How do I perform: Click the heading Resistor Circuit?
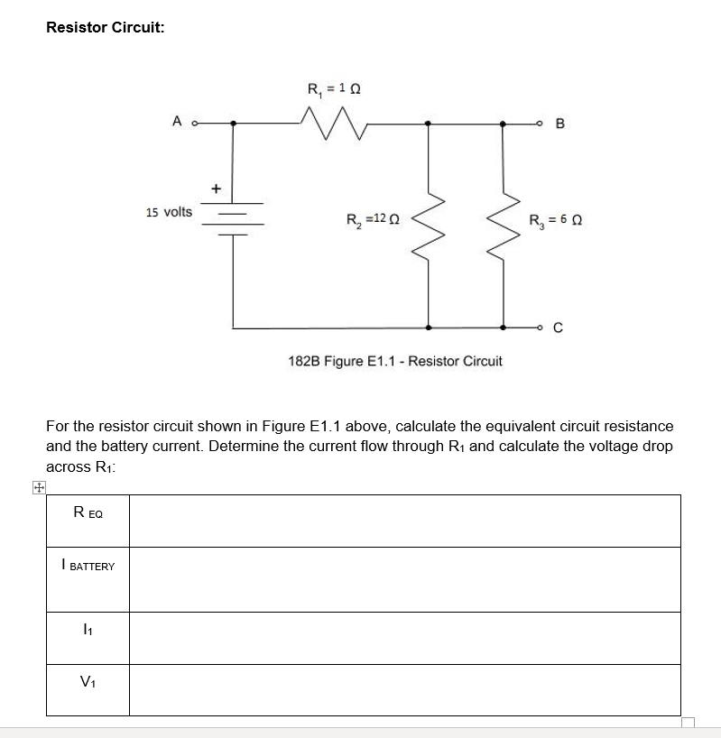[105, 27]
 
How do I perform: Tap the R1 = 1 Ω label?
[335, 89]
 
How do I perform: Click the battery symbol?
[234, 217]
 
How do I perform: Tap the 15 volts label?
[169, 212]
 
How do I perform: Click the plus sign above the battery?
[215, 189]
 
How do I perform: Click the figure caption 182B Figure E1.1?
[395, 361]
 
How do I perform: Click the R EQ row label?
[88, 513]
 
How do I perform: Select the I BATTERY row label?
[88, 566]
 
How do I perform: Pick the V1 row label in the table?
[88, 683]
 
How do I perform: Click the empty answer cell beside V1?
[404, 689]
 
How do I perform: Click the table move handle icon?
[38, 488]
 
